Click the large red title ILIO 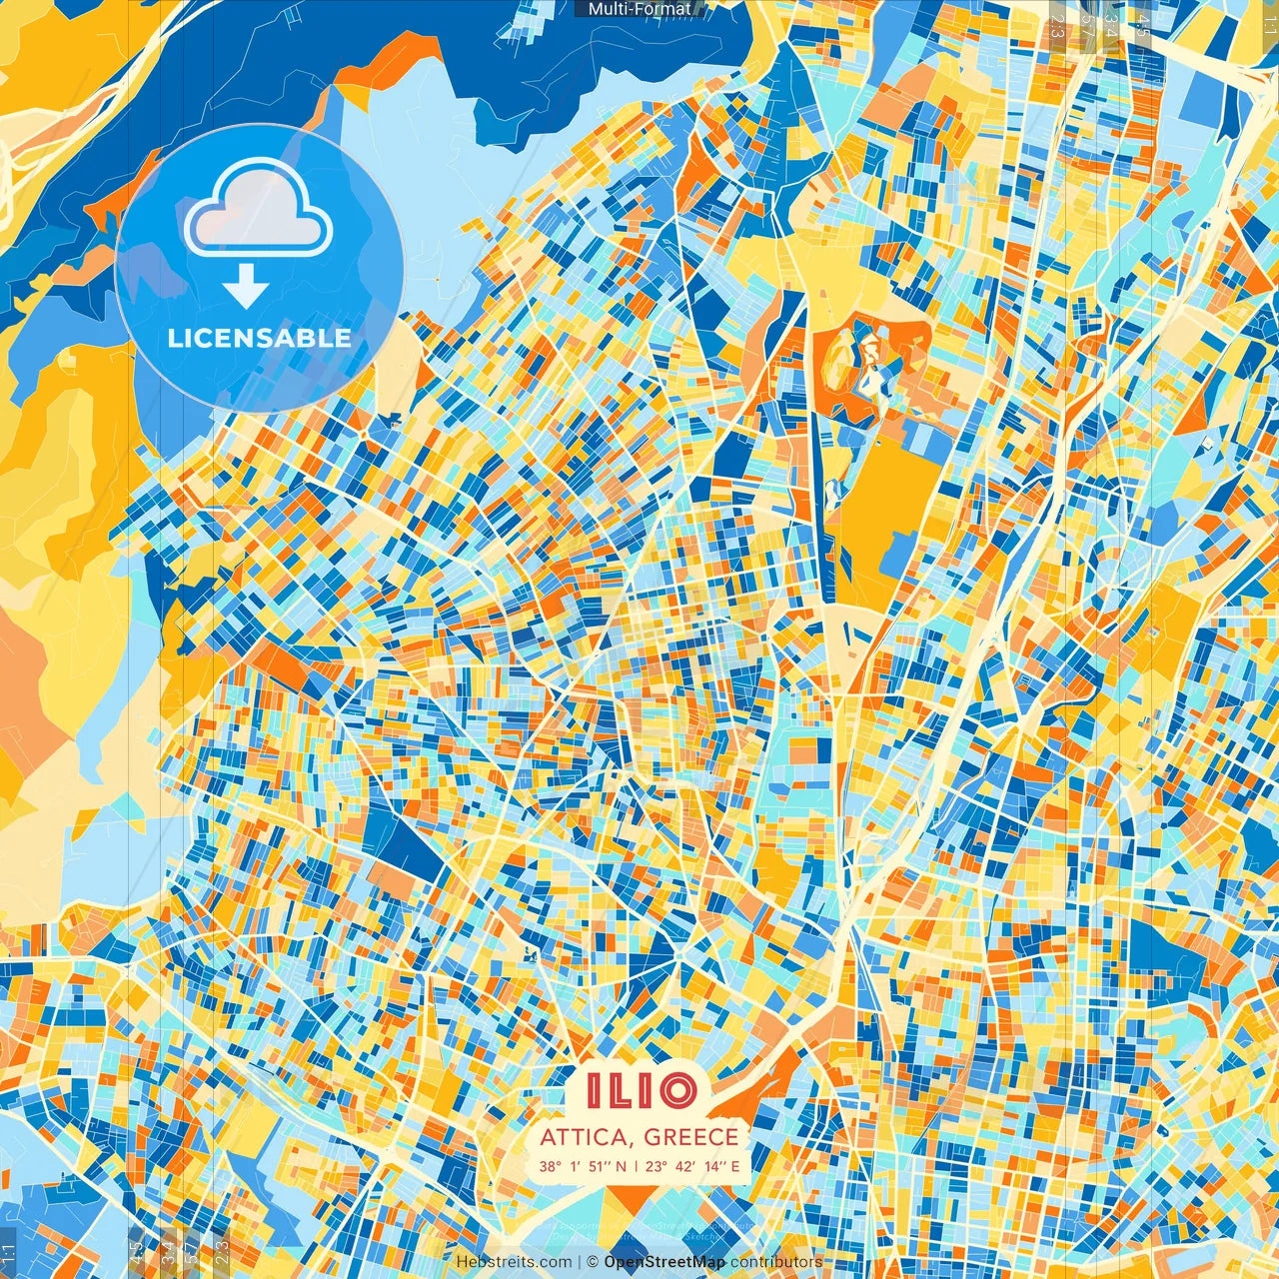coord(639,1090)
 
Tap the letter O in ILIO coord(677,1090)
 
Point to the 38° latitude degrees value coord(550,1166)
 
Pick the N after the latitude coord(621,1166)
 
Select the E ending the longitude coord(735,1166)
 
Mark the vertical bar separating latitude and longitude coord(636,1166)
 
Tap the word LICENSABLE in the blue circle coord(259,338)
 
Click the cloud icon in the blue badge coord(258,207)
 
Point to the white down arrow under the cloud coord(246,287)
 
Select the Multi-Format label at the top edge coord(639,9)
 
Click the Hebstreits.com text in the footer coord(515,1262)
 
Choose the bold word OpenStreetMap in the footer coord(664,1262)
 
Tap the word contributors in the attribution coord(776,1262)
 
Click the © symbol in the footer coord(592,1262)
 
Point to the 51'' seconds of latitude coord(599,1166)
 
